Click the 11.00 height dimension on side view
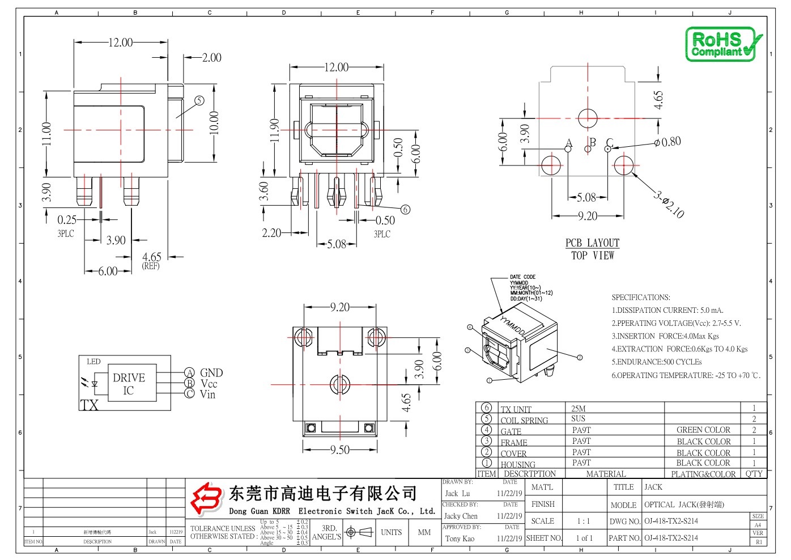(x=46, y=134)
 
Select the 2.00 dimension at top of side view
(x=211, y=57)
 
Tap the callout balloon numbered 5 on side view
(x=199, y=100)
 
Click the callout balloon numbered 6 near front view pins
(x=405, y=209)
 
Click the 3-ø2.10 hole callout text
(x=669, y=205)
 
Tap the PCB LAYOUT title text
(x=592, y=243)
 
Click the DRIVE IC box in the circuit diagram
(x=129, y=384)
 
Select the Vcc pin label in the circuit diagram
(x=209, y=383)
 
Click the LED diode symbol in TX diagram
(x=94, y=384)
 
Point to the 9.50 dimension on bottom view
(x=339, y=449)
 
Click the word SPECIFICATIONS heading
(x=640, y=297)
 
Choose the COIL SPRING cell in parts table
(x=524, y=420)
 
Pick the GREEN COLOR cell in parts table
(x=703, y=430)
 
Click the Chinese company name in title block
(x=323, y=494)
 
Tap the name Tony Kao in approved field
(x=460, y=538)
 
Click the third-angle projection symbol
(x=359, y=532)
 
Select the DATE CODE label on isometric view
(x=522, y=277)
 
